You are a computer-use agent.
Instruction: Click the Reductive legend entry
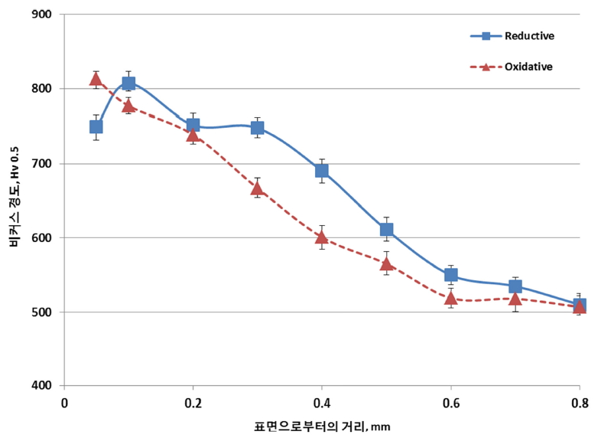[x=512, y=36]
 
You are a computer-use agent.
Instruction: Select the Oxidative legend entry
[x=512, y=67]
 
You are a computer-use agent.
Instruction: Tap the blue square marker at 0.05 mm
[x=96, y=126]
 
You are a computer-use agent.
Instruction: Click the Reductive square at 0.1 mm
[x=128, y=83]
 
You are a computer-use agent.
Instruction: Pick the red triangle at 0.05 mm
[x=96, y=78]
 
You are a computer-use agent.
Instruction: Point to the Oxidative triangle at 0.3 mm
[x=258, y=188]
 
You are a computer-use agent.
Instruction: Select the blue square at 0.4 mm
[x=322, y=170]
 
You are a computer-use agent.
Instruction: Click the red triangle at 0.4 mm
[x=322, y=236]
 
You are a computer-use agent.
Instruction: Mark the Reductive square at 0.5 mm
[x=386, y=229]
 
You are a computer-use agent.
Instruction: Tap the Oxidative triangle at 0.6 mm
[x=451, y=297]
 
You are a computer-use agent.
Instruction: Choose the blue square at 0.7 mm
[x=515, y=286]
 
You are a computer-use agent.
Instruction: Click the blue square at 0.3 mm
[x=258, y=128]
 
